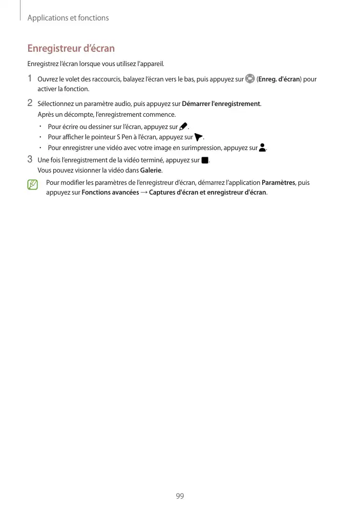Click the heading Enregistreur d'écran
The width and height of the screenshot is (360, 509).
click(x=71, y=49)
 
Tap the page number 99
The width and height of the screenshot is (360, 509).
click(x=180, y=496)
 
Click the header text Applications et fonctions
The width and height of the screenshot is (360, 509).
click(x=68, y=18)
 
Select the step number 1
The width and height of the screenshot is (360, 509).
click(x=30, y=79)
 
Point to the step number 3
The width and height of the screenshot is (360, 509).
click(x=30, y=160)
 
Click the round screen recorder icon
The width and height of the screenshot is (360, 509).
click(x=250, y=79)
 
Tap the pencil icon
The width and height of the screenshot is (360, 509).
click(x=183, y=126)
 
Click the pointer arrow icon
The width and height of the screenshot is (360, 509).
click(x=199, y=137)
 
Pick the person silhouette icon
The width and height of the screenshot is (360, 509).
click(x=263, y=148)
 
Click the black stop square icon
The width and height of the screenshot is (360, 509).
click(x=205, y=160)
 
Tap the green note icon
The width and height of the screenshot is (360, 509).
click(x=33, y=185)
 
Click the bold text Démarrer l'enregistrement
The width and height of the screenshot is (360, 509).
click(x=221, y=104)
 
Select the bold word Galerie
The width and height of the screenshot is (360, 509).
click(x=151, y=171)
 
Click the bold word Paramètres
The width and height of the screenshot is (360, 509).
click(x=279, y=183)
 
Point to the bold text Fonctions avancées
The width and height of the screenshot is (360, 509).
click(x=110, y=193)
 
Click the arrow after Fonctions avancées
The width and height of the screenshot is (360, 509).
click(x=144, y=193)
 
